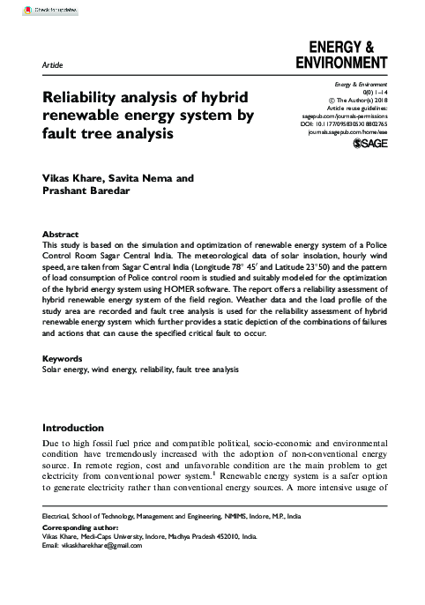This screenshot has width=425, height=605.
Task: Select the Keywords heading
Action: pyautogui.click(x=63, y=359)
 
